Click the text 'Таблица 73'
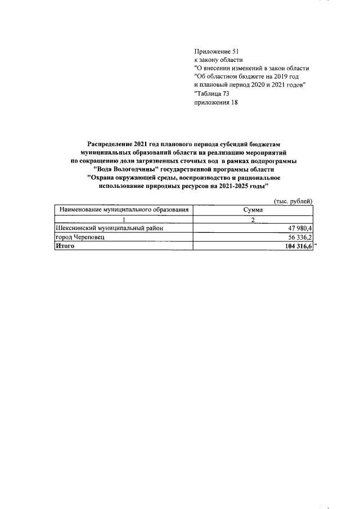tap(212, 93)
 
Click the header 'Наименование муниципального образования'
tap(123, 210)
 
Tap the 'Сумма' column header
tap(253, 210)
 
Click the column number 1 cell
tap(123, 219)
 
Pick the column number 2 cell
tap(253, 219)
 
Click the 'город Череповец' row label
tap(80, 237)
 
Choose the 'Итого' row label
tap(65, 246)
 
